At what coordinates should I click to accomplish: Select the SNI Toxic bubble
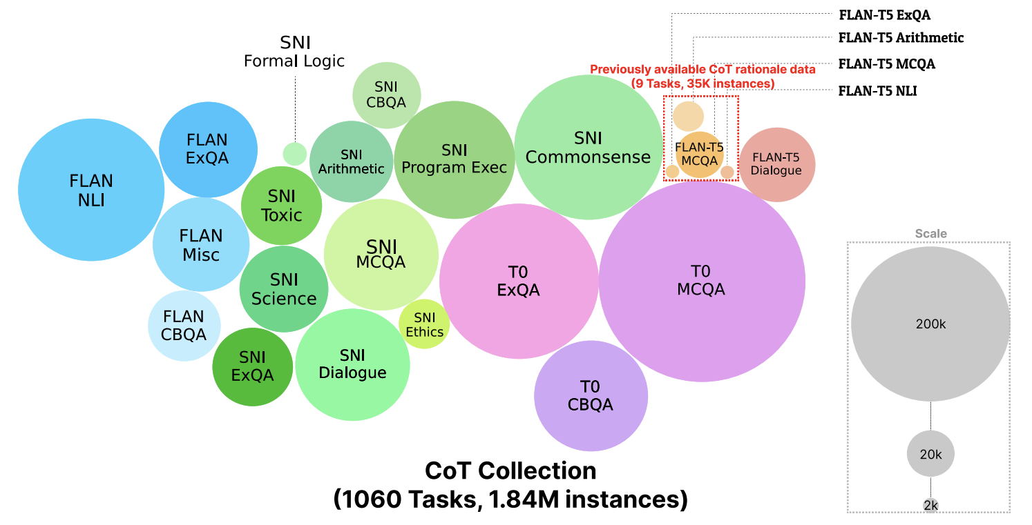click(281, 205)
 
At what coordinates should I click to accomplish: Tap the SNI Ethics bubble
click(424, 324)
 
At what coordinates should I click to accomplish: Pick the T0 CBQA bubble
click(591, 395)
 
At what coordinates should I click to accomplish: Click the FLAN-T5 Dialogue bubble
click(777, 165)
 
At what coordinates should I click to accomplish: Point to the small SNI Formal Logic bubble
click(295, 153)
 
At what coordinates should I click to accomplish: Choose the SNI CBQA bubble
click(388, 95)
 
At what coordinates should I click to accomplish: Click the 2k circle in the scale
click(930, 506)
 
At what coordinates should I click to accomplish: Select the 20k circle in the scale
click(930, 454)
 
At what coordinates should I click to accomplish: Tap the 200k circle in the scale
click(930, 324)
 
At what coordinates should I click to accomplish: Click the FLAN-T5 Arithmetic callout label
click(900, 37)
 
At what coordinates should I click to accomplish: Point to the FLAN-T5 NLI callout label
click(877, 90)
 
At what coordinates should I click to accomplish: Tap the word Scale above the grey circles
click(930, 234)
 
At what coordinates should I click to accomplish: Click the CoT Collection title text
click(510, 470)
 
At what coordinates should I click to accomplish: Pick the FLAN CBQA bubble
click(184, 326)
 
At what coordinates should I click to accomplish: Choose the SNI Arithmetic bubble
click(351, 161)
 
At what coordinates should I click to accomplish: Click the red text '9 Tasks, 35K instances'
click(702, 83)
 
